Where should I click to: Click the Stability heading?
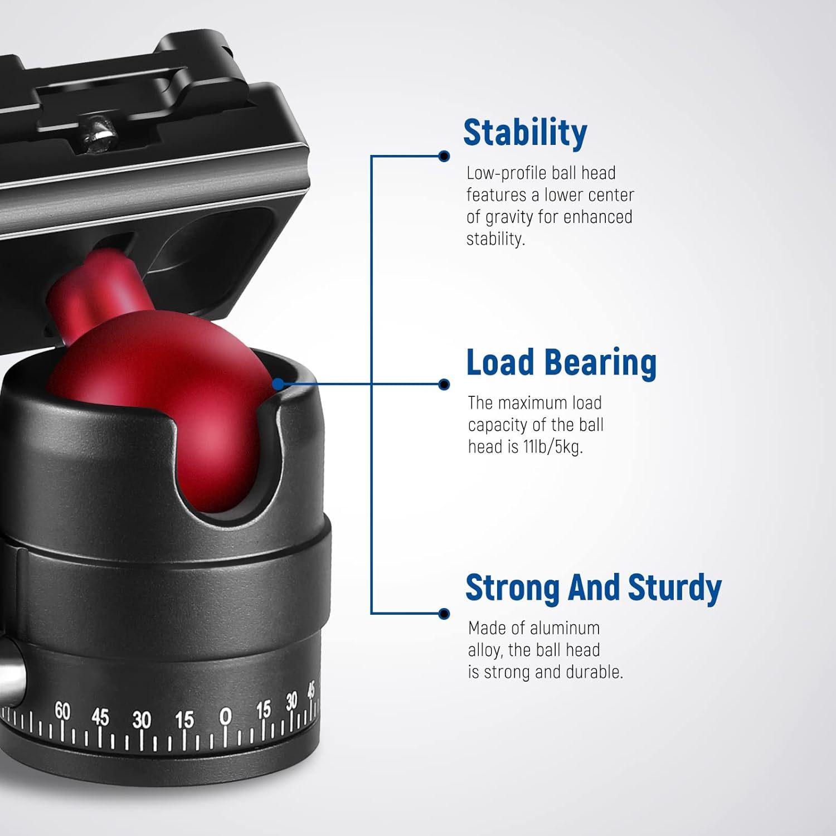pos(525,134)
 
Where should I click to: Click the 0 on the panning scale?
pos(225,717)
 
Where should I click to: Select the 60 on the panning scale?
pos(63,712)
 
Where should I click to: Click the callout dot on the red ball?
pos(279,384)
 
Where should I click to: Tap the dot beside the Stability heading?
pos(444,156)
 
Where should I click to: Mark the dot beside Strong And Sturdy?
pos(444,614)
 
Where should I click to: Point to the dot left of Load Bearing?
pos(444,384)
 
